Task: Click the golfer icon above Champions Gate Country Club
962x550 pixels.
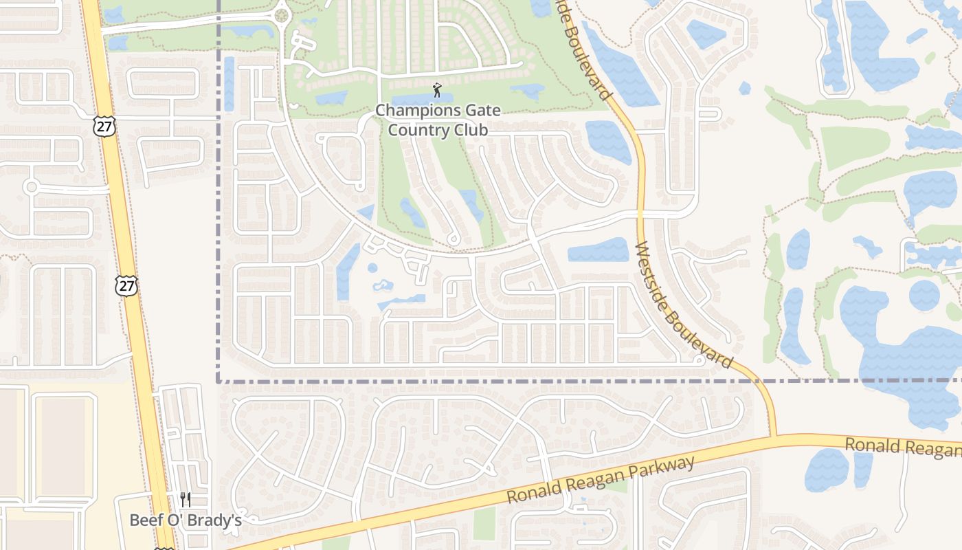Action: click(x=437, y=89)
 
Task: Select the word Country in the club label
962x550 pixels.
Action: click(x=416, y=130)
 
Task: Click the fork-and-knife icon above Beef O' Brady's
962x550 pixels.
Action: click(x=185, y=499)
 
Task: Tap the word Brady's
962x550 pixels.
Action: click(x=215, y=520)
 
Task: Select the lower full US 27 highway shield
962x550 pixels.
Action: click(x=126, y=285)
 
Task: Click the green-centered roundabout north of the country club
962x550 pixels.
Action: click(x=281, y=15)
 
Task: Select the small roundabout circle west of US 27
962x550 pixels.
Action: click(x=30, y=186)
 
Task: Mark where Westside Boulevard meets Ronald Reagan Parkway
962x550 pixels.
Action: click(x=774, y=437)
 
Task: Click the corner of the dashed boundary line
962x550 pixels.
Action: click(x=219, y=380)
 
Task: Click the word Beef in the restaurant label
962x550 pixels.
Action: click(x=146, y=520)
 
